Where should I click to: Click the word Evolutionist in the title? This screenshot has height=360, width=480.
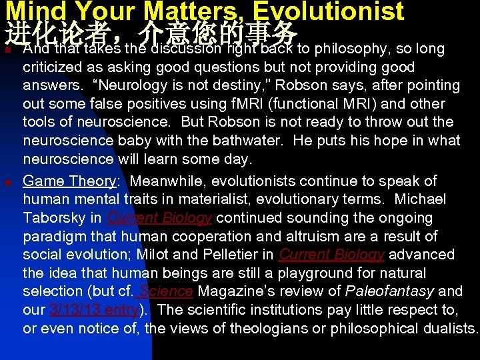pos(330,11)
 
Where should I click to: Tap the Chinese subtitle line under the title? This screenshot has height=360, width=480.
pos(150,31)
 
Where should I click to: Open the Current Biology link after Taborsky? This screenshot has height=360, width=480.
pos(159,218)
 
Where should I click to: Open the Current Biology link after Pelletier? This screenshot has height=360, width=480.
pos(331,255)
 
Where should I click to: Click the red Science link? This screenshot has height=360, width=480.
pos(165,291)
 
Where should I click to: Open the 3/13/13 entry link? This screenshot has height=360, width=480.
pos(94,310)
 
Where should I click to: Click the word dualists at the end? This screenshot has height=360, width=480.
pos(450,329)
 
